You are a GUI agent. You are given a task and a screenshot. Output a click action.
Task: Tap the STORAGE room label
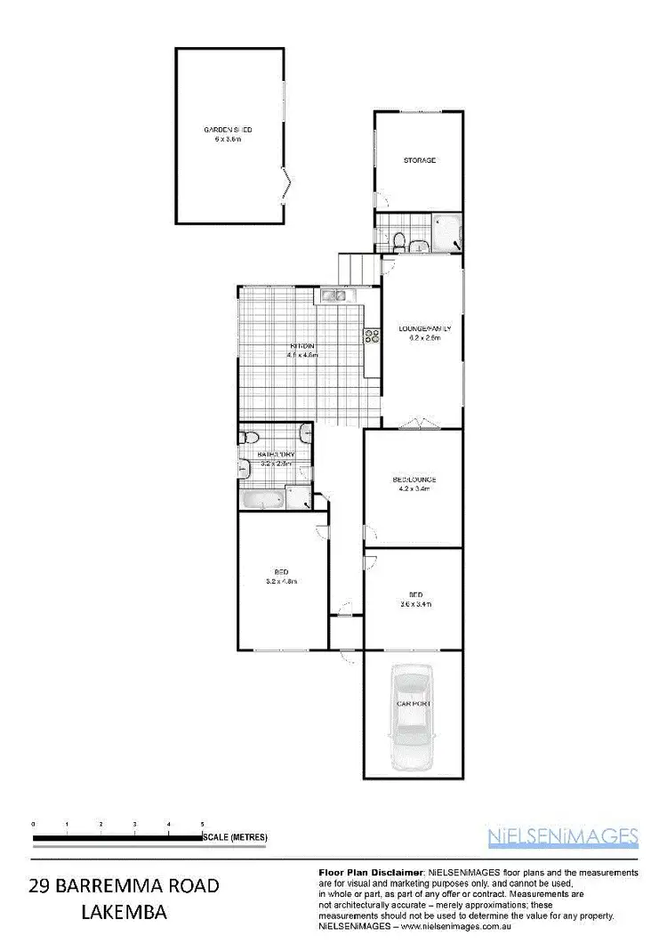point(420,160)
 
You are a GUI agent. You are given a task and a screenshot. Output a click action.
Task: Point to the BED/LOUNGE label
point(414,480)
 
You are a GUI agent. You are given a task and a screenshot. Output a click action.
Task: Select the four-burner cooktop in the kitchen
point(369,335)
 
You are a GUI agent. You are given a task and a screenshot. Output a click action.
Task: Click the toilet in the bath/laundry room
point(250,436)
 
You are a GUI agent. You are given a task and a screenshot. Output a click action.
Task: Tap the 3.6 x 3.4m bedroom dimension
point(414,604)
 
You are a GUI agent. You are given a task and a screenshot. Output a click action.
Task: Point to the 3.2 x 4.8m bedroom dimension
point(280,582)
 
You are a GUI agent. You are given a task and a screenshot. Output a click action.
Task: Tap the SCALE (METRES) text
point(236,838)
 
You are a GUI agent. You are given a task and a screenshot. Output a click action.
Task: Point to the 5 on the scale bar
point(203,825)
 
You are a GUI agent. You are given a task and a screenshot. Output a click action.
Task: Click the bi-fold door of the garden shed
point(287,187)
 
